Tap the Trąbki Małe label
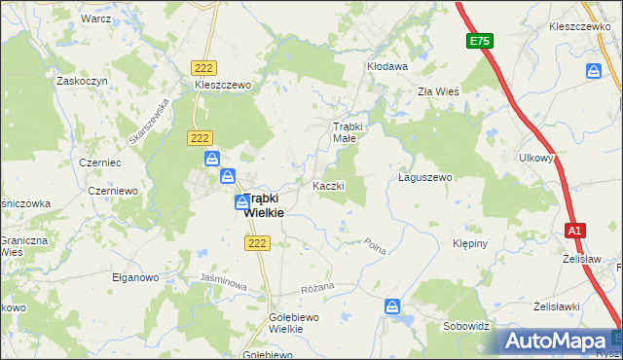pos(348,132)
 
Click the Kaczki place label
pos(328,185)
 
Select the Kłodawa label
pos(386,66)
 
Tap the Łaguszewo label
pos(426,178)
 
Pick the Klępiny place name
pos(473,243)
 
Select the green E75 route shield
pos(478,41)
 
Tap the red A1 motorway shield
pos(575,231)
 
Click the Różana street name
pos(317,287)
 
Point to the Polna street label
pos(376,247)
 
